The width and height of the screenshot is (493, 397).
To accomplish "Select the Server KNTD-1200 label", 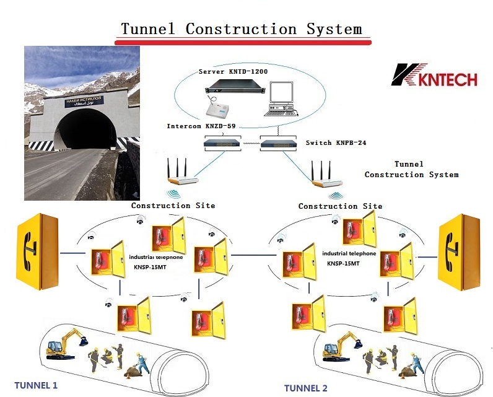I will (x=234, y=72).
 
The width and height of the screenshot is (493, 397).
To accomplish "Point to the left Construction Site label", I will (x=173, y=205).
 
